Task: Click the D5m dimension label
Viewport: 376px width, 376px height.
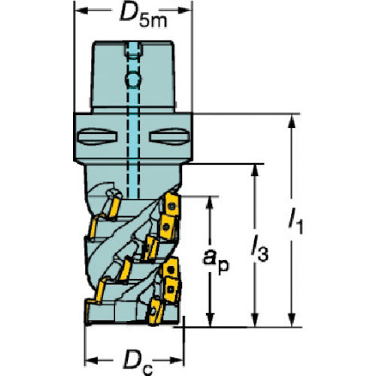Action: [x=143, y=16]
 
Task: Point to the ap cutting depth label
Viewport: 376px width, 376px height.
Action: [x=216, y=261]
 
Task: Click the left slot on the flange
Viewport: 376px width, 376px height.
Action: [x=97, y=137]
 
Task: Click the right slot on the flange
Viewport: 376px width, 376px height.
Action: [x=169, y=137]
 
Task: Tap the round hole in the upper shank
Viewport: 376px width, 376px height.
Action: [x=133, y=80]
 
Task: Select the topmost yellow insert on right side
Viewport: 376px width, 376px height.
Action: [x=171, y=204]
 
